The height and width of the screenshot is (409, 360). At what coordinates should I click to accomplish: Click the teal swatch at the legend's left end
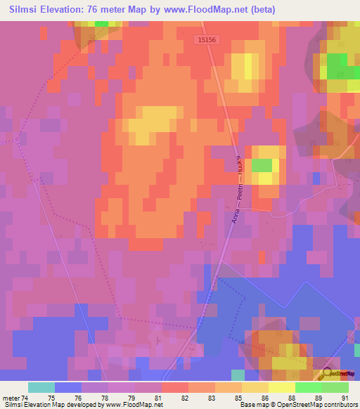click(x=41, y=387)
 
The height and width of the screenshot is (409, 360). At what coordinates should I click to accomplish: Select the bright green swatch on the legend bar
click(x=308, y=387)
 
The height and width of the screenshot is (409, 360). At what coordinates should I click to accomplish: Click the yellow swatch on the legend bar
click(x=281, y=387)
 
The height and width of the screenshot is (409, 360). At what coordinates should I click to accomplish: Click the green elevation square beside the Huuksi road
click(x=262, y=165)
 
